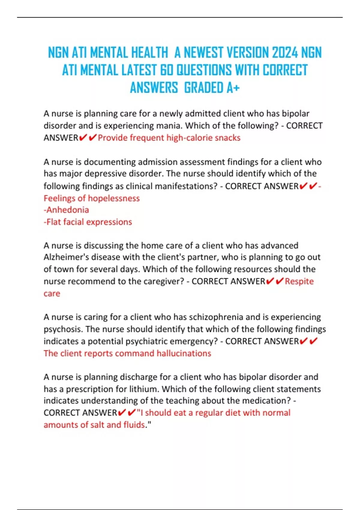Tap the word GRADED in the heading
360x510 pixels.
coord(204,88)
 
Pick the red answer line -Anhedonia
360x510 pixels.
coord(66,210)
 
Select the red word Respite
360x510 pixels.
coord(299,281)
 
